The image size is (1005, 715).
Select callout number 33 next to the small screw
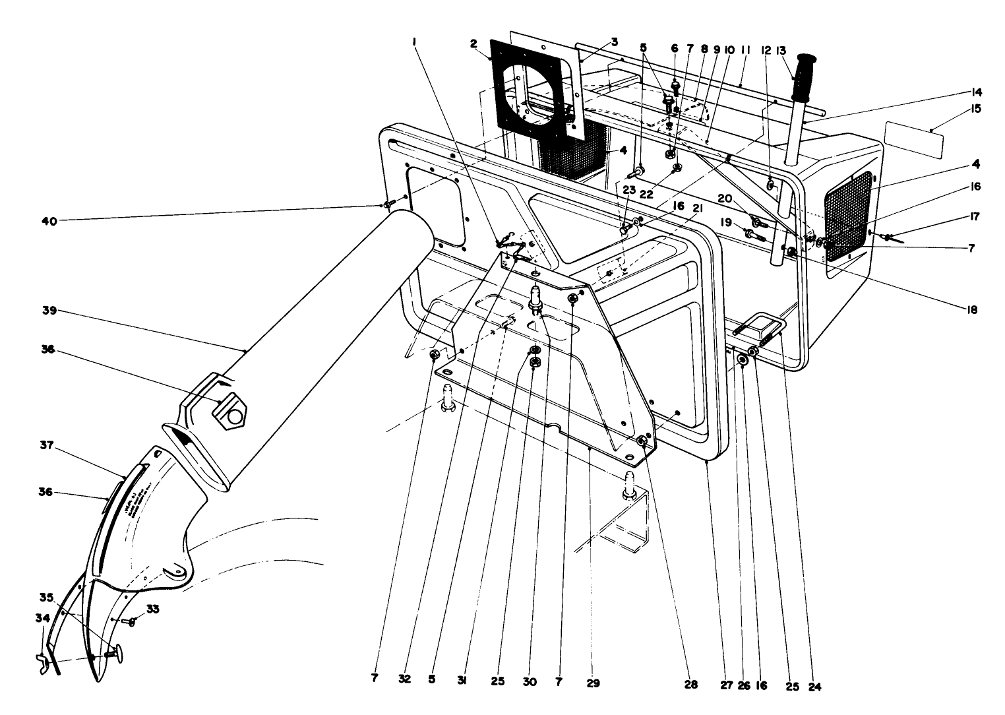click(153, 609)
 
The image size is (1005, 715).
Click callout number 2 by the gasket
click(473, 44)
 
